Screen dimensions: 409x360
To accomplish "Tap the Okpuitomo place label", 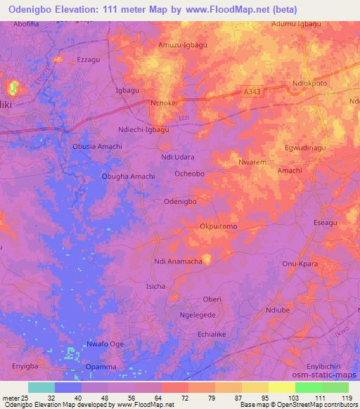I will [x=218, y=226].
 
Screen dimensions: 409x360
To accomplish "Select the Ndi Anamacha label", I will [x=178, y=261].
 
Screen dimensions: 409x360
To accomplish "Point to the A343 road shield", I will [x=253, y=91].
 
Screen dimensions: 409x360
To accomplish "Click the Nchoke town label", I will [x=163, y=103].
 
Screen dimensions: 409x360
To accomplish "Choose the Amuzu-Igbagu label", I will [x=183, y=45].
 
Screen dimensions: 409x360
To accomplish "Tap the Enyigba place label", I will [x=24, y=367].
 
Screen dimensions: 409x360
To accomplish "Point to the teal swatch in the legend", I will [x=41, y=387].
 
